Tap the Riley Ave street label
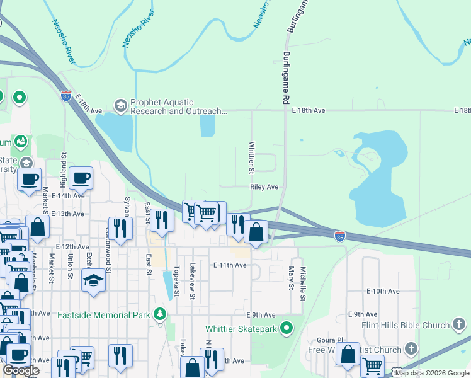tap(264, 187)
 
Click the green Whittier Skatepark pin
tap(287, 328)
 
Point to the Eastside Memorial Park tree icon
tap(161, 314)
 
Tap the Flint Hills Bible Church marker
tap(459, 325)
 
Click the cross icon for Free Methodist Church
tap(411, 348)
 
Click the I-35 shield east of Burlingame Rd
tap(340, 236)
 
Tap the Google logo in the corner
tap(21, 370)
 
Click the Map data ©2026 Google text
tap(432, 373)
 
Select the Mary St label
tap(291, 277)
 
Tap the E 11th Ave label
tap(229, 265)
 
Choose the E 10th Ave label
tap(383, 291)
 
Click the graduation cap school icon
tap(93, 279)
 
